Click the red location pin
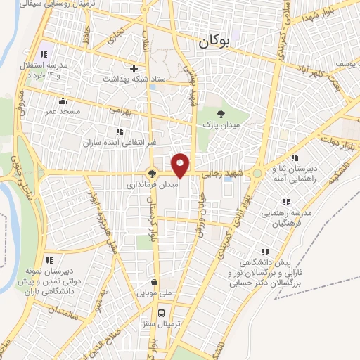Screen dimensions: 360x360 [x=181, y=165]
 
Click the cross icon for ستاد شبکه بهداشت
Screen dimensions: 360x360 [x=134, y=68]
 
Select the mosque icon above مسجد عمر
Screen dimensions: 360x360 [x=63, y=100]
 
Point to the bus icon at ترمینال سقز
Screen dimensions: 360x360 [x=161, y=313]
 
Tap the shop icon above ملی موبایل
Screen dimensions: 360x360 [x=154, y=282]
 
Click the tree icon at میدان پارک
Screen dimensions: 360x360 [x=221, y=114]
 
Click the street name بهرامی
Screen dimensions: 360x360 [x=121, y=110]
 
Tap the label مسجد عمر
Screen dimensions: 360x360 [x=63, y=111]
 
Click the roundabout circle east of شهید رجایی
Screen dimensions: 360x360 [x=258, y=173]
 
